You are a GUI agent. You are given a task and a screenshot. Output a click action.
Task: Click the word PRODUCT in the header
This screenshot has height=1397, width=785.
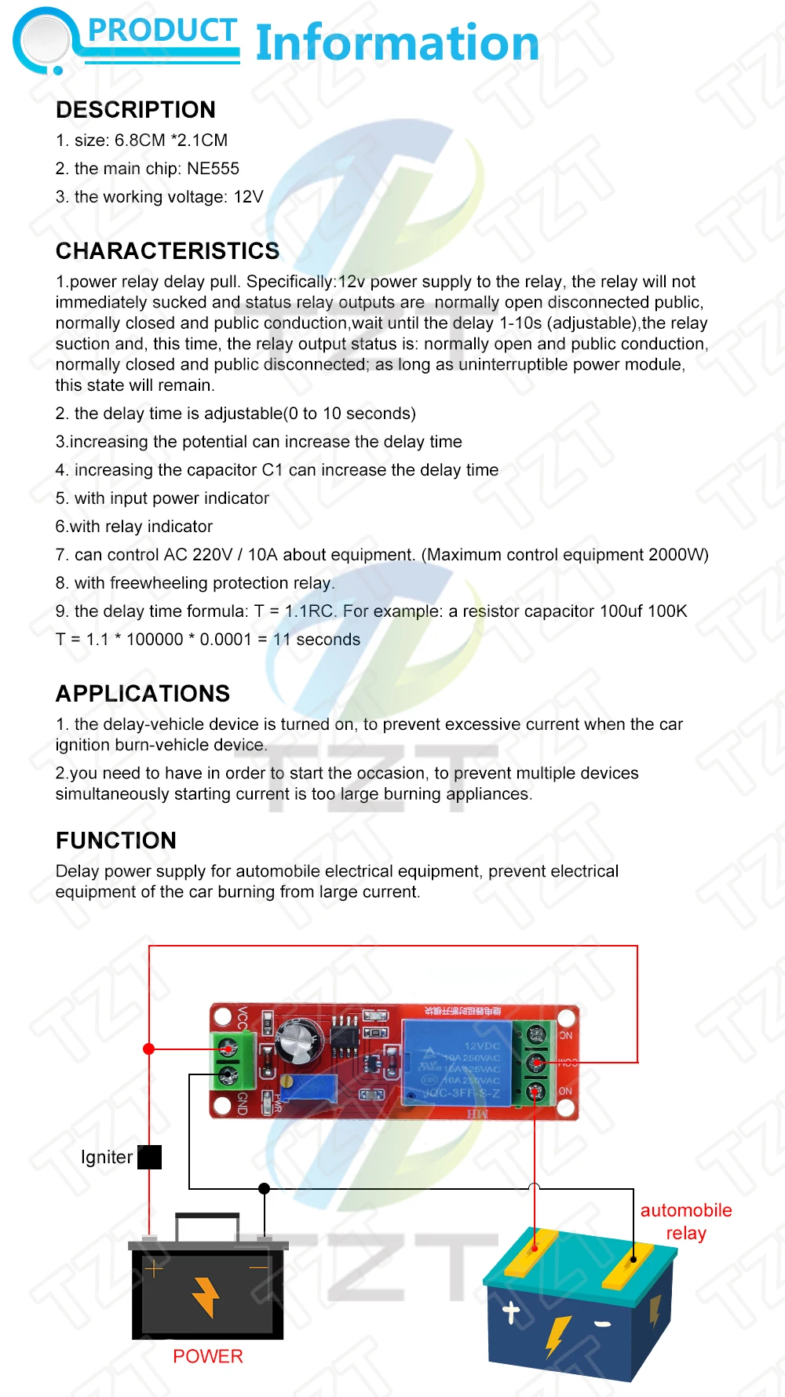162,30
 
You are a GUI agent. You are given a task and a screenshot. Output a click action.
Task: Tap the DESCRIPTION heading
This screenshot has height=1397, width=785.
135,110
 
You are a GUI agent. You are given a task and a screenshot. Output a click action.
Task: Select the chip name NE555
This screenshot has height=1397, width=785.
213,169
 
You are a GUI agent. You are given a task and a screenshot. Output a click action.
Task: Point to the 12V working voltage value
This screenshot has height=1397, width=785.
248,197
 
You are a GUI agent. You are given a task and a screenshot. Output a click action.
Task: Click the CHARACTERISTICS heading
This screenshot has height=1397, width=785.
167,251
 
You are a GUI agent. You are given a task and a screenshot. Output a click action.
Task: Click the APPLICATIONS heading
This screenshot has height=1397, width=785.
142,694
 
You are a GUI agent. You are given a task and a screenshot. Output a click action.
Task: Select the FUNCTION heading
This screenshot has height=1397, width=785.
115,841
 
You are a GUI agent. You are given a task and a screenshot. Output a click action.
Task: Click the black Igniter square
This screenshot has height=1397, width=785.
149,1157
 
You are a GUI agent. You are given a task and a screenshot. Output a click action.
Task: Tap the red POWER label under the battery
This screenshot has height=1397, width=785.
207,1356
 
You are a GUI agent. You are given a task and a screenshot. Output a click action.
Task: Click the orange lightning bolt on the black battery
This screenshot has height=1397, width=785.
206,1297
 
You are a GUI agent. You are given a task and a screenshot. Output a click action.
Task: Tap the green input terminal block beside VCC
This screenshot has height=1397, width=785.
233,1060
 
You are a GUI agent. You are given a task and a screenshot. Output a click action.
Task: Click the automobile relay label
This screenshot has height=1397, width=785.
685,1221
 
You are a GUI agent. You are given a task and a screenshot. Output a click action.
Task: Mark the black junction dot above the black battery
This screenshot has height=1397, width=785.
265,1188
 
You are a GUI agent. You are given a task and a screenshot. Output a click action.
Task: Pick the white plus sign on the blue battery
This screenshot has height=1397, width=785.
512,1311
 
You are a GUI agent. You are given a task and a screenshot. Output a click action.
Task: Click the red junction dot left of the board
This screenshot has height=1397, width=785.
149,1049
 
